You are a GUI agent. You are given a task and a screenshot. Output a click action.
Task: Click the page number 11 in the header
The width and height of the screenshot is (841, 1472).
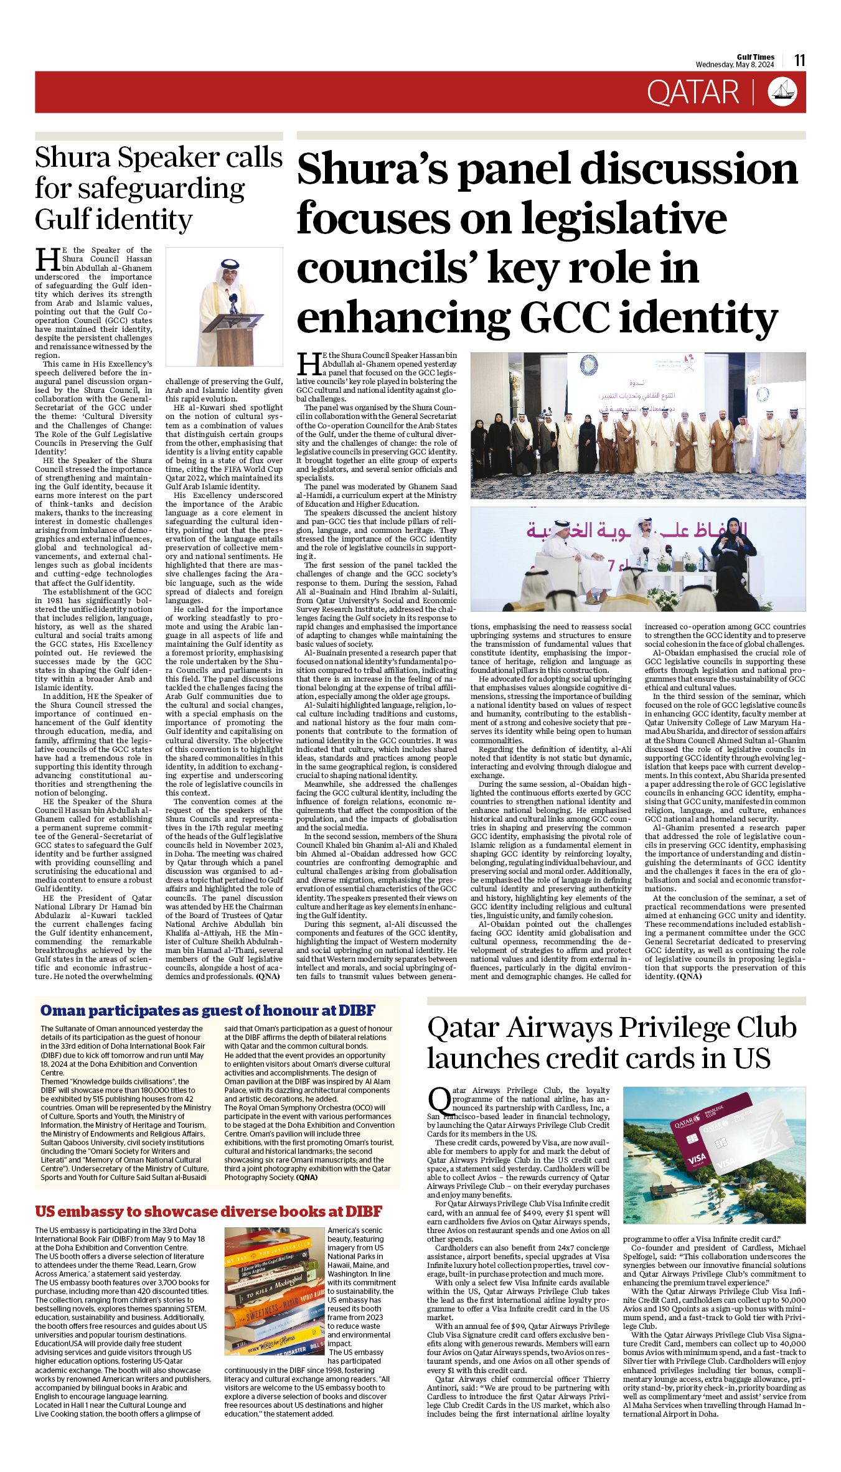pyautogui.click(x=799, y=60)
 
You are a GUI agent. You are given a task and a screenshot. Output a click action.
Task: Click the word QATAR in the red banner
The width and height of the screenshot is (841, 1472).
pyautogui.click(x=692, y=93)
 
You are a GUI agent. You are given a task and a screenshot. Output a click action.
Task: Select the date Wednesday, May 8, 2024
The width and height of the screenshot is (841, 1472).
pyautogui.click(x=735, y=65)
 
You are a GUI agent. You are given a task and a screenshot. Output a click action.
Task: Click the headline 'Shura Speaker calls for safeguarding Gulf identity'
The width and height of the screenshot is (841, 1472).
pyautogui.click(x=158, y=188)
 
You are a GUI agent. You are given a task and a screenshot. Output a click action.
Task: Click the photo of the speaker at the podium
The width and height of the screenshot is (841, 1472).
pyautogui.click(x=223, y=306)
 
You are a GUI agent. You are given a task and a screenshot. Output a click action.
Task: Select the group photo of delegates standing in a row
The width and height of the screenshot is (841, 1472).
pyautogui.click(x=637, y=426)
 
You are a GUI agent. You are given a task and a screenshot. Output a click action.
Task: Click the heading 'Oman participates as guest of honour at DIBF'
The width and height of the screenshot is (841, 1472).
pyautogui.click(x=207, y=1010)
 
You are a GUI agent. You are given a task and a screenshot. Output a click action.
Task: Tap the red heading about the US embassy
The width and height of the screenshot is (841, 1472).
pyautogui.click(x=208, y=1211)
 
